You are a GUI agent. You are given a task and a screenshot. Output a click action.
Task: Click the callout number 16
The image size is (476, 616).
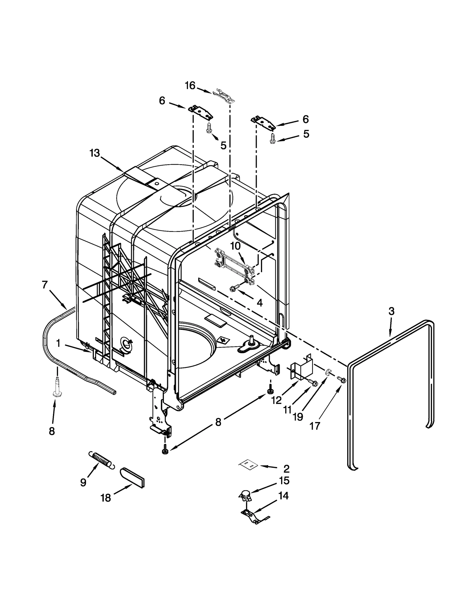[190, 86]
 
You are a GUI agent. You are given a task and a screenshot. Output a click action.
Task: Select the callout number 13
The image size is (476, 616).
[95, 153]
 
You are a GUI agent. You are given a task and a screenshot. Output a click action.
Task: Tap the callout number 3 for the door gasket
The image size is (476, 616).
[391, 311]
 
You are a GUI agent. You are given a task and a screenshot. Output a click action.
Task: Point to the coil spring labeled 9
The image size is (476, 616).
[100, 461]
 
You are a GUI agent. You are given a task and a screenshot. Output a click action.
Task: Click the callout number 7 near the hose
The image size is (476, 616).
[45, 285]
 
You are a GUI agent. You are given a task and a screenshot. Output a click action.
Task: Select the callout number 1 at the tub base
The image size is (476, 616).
[58, 344]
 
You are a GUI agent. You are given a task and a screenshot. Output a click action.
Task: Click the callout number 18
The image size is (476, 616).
[106, 498]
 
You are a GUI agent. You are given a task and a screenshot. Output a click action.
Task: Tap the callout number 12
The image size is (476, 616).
[276, 400]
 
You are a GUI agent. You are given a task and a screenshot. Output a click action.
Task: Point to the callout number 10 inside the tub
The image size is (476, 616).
[235, 246]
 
